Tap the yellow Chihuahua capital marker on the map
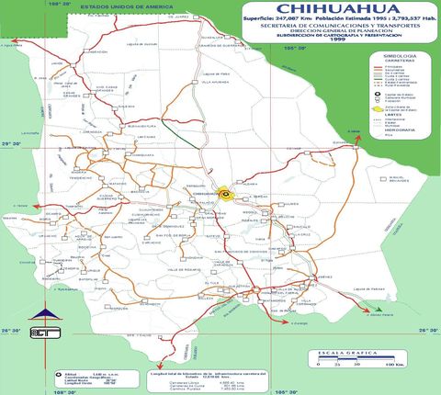pos(224,193)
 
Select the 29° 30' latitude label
pos(11,144)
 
